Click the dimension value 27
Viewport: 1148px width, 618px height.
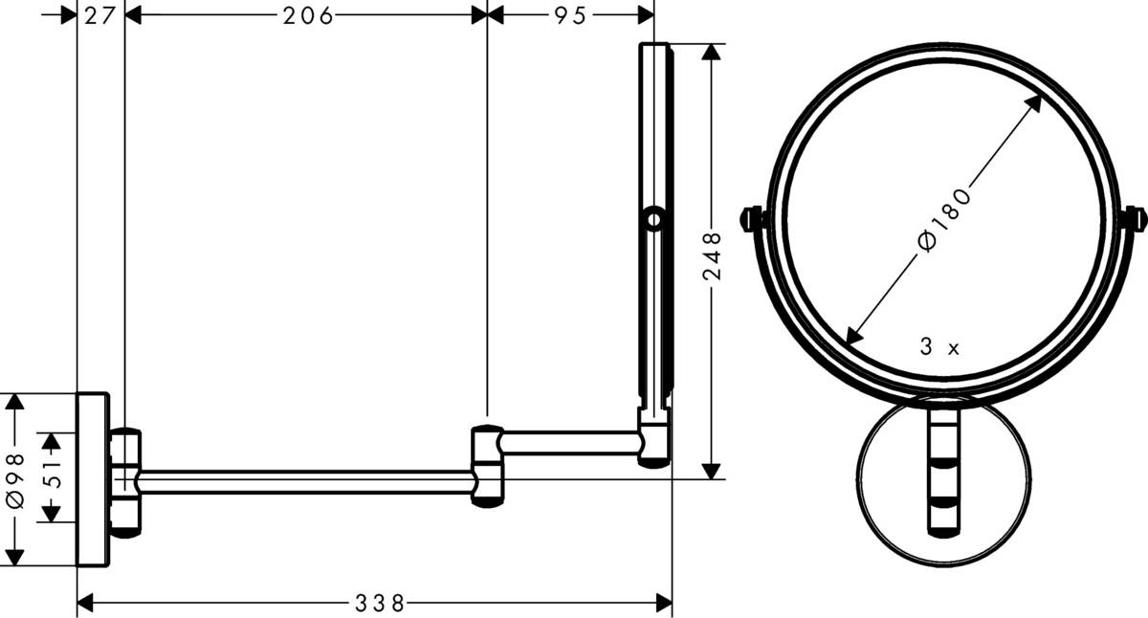(x=99, y=15)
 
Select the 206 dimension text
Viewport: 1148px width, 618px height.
(x=306, y=15)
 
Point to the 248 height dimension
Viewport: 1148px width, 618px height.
(x=711, y=259)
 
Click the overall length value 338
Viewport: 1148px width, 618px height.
(x=380, y=603)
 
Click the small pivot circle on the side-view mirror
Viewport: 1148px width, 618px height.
(x=654, y=219)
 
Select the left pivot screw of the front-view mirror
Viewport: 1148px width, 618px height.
(x=754, y=219)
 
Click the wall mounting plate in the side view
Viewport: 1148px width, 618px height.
(x=93, y=478)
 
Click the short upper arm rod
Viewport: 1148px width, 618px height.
(x=570, y=442)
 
